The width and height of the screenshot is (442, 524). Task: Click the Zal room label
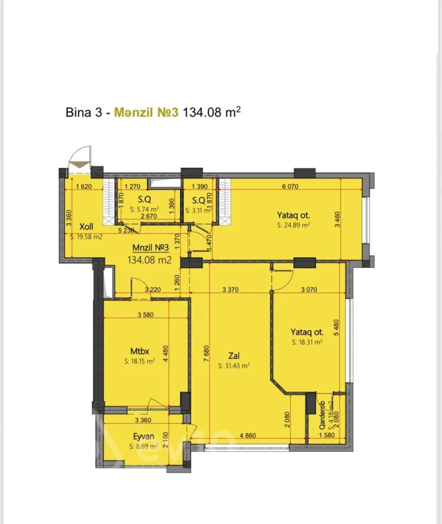click(234, 356)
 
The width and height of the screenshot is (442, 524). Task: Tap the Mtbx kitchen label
click(139, 351)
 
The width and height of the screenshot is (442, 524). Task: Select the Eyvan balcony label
click(143, 437)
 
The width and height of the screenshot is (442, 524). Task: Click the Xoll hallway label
click(86, 226)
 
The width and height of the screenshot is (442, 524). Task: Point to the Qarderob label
click(322, 415)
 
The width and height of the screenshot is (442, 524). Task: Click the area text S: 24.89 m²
click(293, 225)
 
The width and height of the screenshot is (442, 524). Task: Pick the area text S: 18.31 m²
click(307, 342)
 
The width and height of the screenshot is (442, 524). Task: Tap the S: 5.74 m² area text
click(144, 209)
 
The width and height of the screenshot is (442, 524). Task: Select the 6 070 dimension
click(290, 186)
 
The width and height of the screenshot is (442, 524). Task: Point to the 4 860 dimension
click(248, 436)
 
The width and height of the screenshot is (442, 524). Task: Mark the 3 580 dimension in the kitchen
click(146, 315)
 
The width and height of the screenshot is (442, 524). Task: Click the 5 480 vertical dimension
click(337, 327)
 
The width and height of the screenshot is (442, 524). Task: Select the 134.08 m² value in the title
click(212, 112)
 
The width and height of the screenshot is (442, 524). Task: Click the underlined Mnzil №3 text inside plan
click(150, 248)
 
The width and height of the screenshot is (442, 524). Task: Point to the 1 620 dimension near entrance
click(84, 187)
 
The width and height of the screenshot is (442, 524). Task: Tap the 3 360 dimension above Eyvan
click(143, 420)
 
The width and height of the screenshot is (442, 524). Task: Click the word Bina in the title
click(79, 112)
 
